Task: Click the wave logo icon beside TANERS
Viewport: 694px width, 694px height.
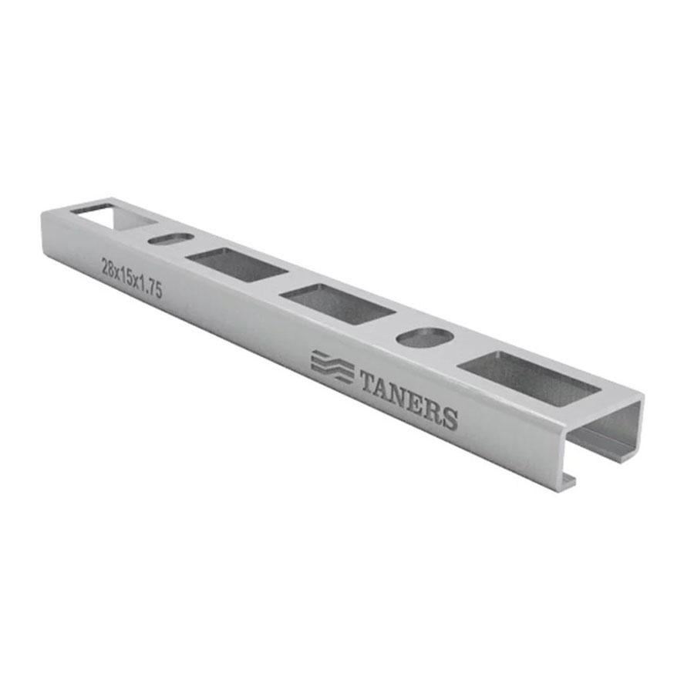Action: click(332, 366)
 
